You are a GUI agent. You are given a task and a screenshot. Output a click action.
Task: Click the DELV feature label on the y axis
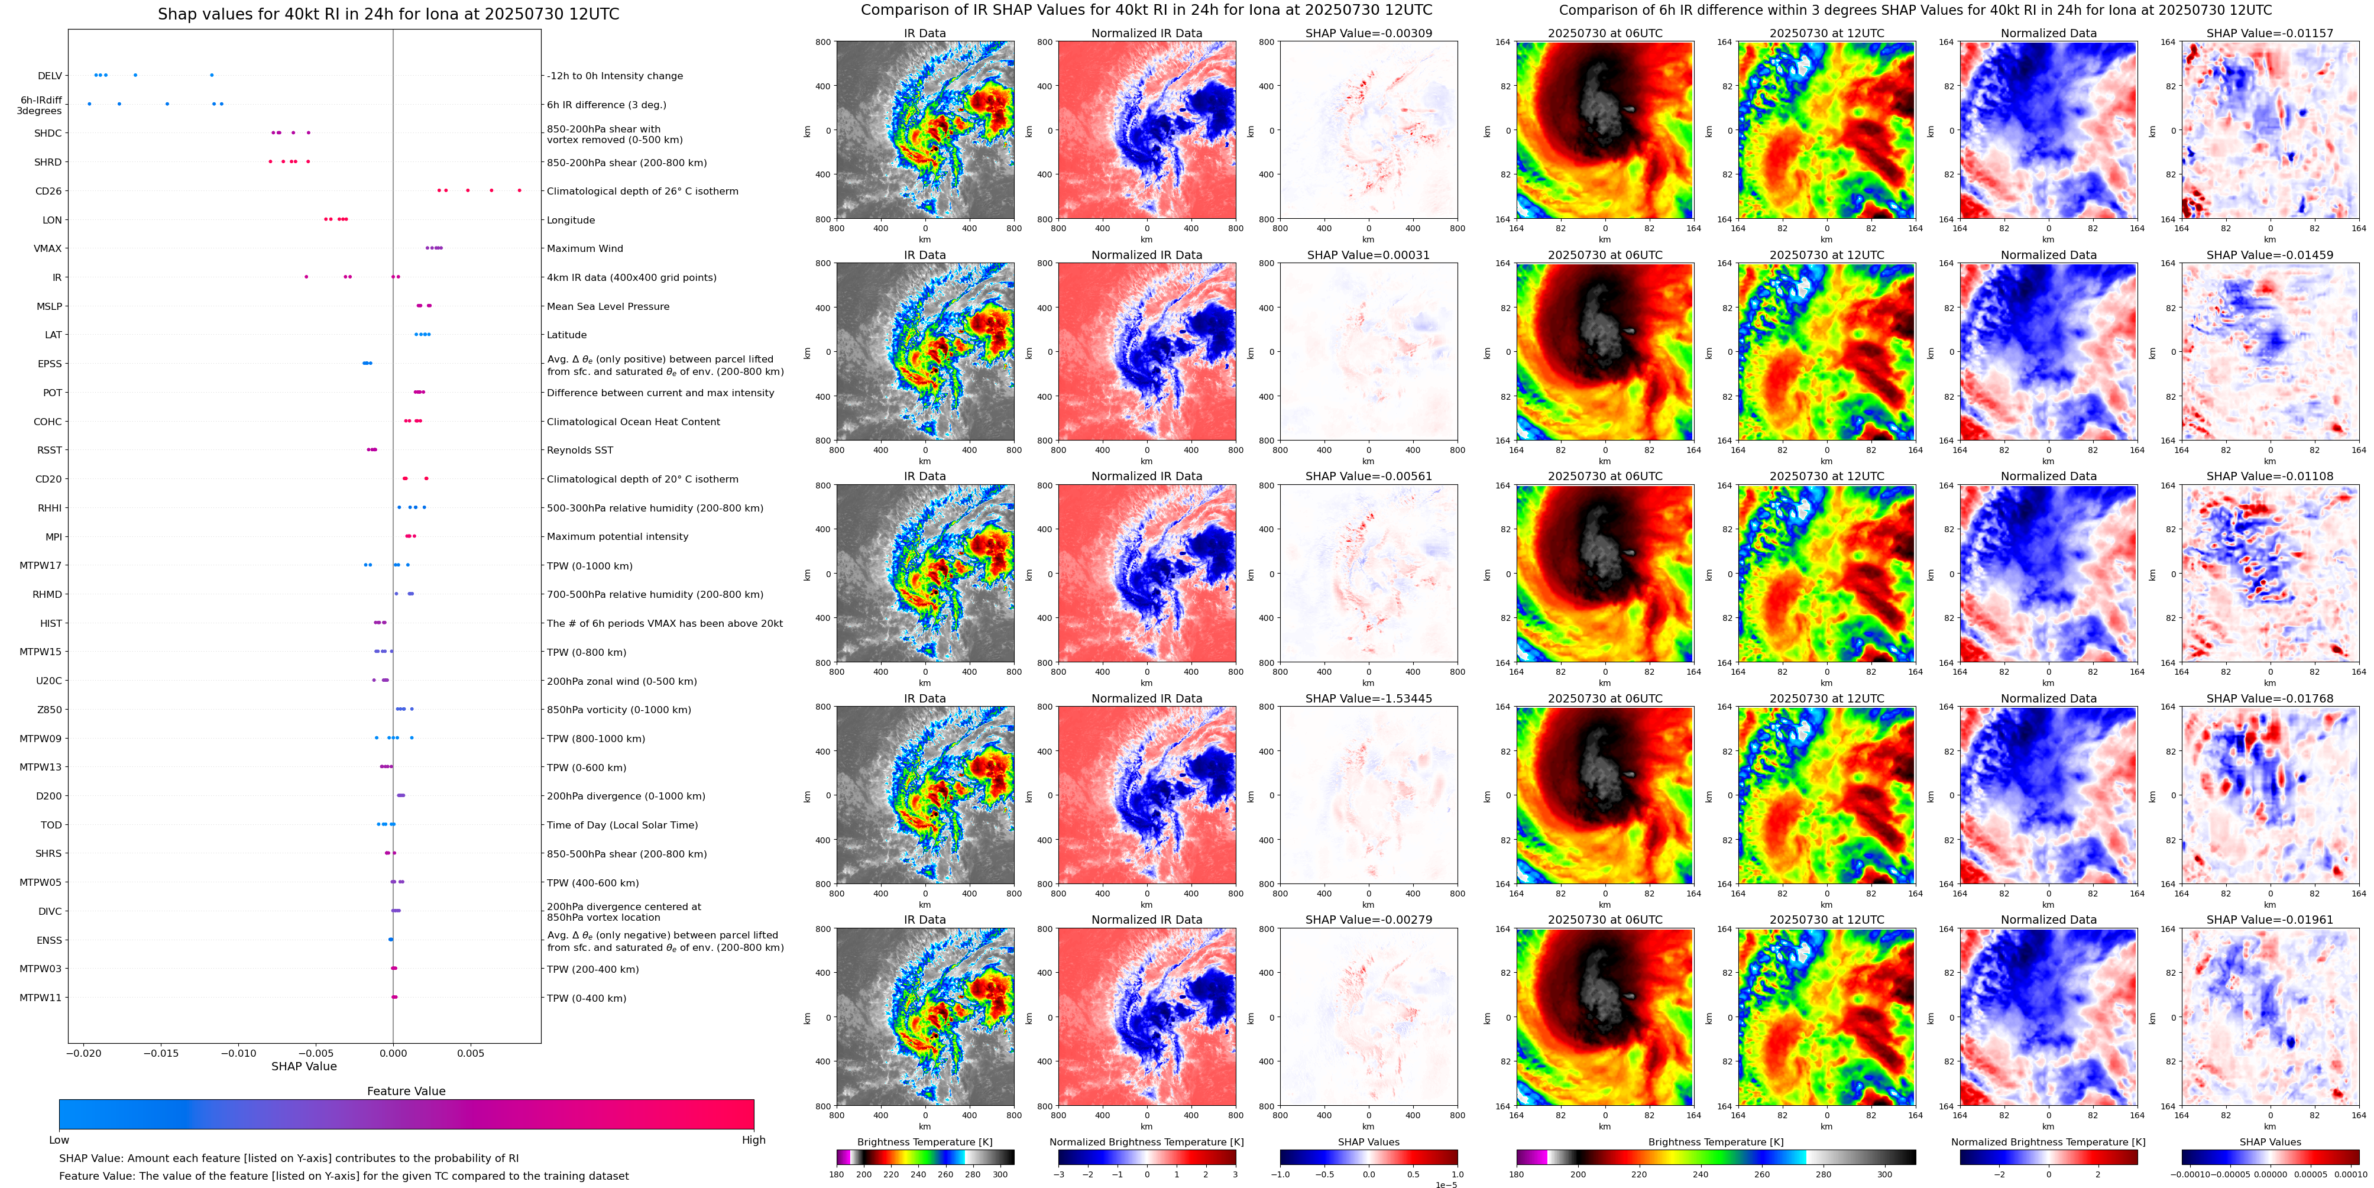[x=50, y=76]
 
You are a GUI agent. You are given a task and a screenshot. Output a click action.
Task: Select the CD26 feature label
[x=48, y=192]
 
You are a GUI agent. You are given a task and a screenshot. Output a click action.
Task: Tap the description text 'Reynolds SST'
[x=579, y=451]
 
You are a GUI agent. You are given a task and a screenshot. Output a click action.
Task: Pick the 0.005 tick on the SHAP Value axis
[x=470, y=1053]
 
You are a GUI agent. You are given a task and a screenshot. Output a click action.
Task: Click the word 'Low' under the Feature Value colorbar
[x=59, y=1140]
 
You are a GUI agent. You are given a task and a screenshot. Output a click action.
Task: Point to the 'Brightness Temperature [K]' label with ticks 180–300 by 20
[x=924, y=1142]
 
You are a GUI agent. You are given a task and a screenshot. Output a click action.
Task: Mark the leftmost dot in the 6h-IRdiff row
[x=89, y=104]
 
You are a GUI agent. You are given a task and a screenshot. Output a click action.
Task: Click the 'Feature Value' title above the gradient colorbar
[x=406, y=1091]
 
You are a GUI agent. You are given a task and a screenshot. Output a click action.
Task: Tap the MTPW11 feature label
[x=41, y=998]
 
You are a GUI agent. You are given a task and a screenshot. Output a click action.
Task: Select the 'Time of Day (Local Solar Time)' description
[x=622, y=826]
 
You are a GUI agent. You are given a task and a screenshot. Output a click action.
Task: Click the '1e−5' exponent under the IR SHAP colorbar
[x=1446, y=1184]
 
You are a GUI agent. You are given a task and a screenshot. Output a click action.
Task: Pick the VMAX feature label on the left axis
[x=48, y=249]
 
